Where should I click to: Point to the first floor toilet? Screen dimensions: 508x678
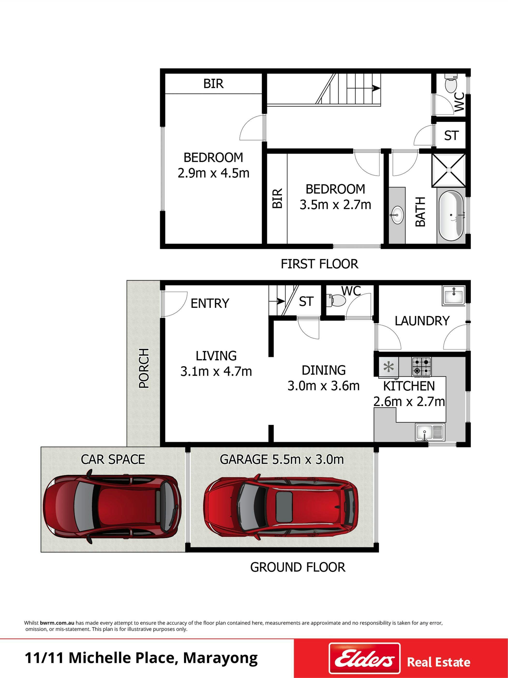pyautogui.click(x=451, y=82)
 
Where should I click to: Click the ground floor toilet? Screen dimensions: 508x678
pyautogui.click(x=336, y=300)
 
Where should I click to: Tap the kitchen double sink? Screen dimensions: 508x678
pyautogui.click(x=430, y=432)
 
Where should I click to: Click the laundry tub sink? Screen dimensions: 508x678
pyautogui.click(x=454, y=296)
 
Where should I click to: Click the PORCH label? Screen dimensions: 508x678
pyautogui.click(x=144, y=368)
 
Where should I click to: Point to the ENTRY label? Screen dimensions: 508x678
pyautogui.click(x=210, y=303)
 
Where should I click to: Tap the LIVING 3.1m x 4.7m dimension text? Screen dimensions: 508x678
pyautogui.click(x=216, y=364)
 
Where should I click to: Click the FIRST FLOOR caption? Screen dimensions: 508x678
pyautogui.click(x=320, y=264)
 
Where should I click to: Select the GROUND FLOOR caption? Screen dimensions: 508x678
pyautogui.click(x=298, y=567)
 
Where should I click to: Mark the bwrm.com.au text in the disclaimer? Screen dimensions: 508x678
pyautogui.click(x=57, y=623)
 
